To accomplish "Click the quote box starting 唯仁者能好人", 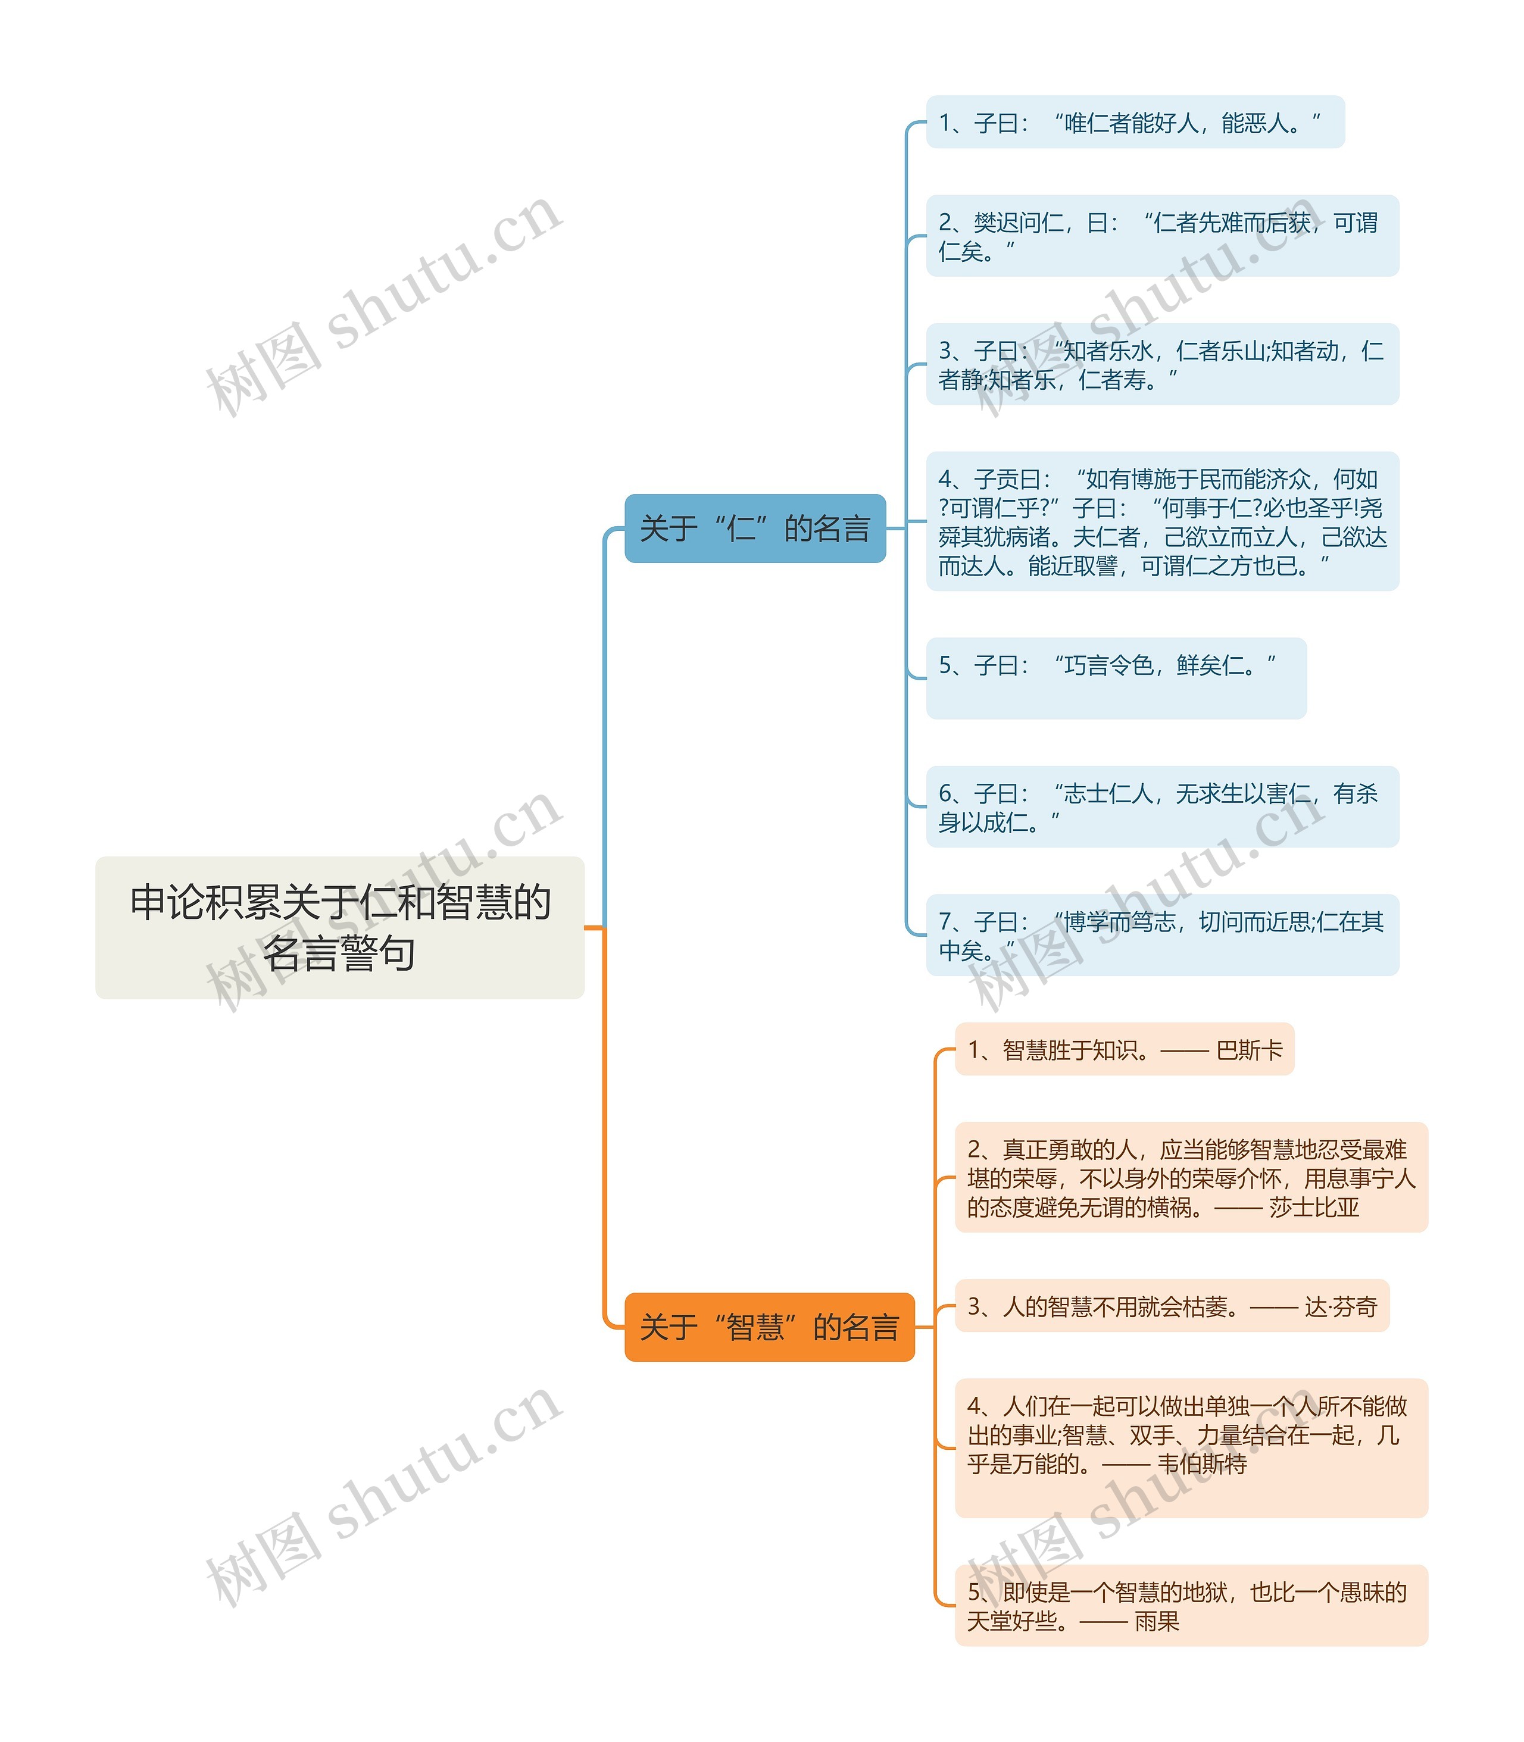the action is tap(1135, 123).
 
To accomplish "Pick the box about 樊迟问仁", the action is tap(1161, 236).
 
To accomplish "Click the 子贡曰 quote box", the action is tap(1161, 521).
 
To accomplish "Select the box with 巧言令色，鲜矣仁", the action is tap(1116, 678).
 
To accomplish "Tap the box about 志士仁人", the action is tap(1161, 807).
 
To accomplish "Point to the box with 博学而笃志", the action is tap(1161, 935).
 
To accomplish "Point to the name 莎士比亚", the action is tap(1314, 1207).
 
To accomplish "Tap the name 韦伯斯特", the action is tap(1202, 1464).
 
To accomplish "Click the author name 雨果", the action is tap(1157, 1621).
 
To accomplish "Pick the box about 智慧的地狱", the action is tap(1191, 1606).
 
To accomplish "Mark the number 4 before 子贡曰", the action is tap(945, 480).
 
